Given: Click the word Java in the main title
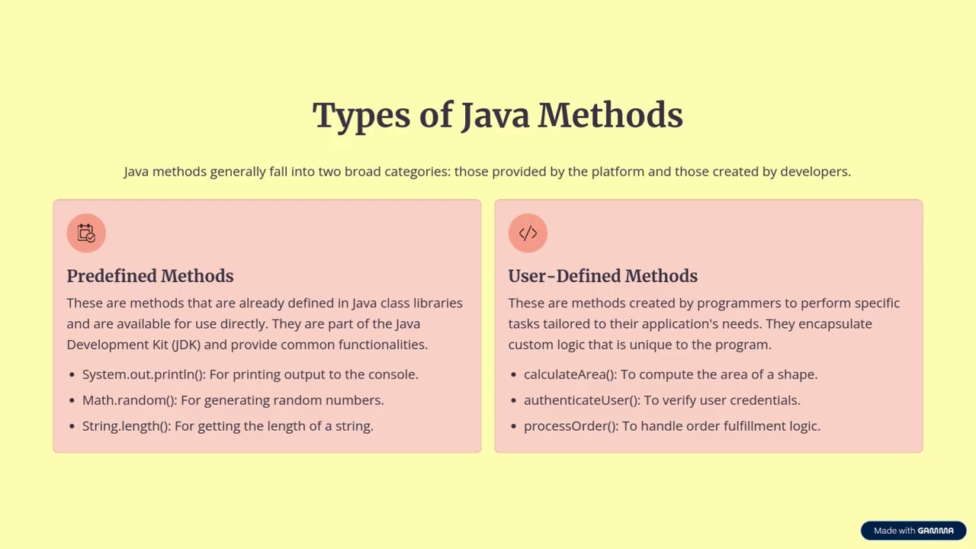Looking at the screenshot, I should [x=496, y=116].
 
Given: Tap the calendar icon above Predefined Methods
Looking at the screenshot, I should [x=86, y=233].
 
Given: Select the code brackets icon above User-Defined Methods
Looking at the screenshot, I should [x=528, y=233].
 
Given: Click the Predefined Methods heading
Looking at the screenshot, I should [x=149, y=276].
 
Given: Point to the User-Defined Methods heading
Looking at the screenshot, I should [x=602, y=276].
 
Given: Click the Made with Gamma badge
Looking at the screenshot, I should [x=913, y=531].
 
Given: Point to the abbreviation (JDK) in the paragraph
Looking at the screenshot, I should [x=186, y=345].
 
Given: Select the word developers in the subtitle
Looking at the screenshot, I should [x=814, y=172].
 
